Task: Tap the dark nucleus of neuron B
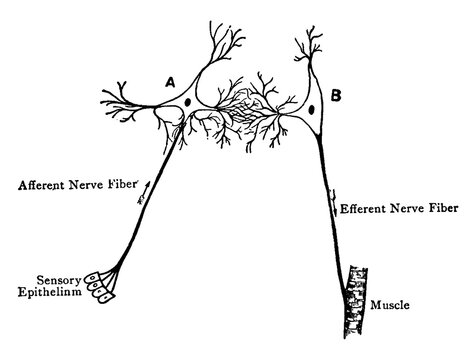point(313,110)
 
